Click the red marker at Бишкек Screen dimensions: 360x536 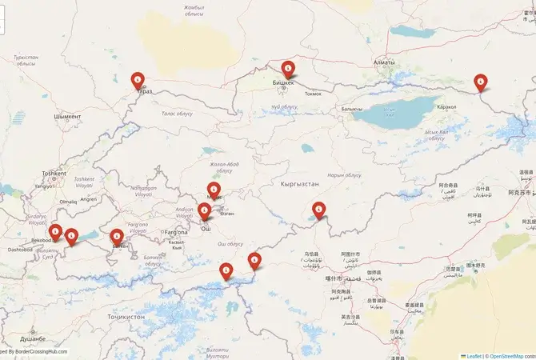(x=288, y=70)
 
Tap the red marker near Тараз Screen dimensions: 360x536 (x=138, y=81)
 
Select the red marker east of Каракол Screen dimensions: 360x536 (x=480, y=82)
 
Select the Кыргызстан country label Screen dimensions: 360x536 (x=300, y=184)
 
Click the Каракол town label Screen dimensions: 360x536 (x=446, y=106)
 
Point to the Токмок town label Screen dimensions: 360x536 (x=313, y=94)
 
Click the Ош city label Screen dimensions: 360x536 (x=205, y=229)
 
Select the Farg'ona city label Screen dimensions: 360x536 (x=175, y=232)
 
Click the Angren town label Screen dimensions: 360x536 (x=88, y=199)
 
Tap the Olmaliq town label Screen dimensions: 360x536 (x=68, y=202)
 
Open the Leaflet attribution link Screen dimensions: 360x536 (x=473, y=355)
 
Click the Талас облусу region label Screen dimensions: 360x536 (x=178, y=114)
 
